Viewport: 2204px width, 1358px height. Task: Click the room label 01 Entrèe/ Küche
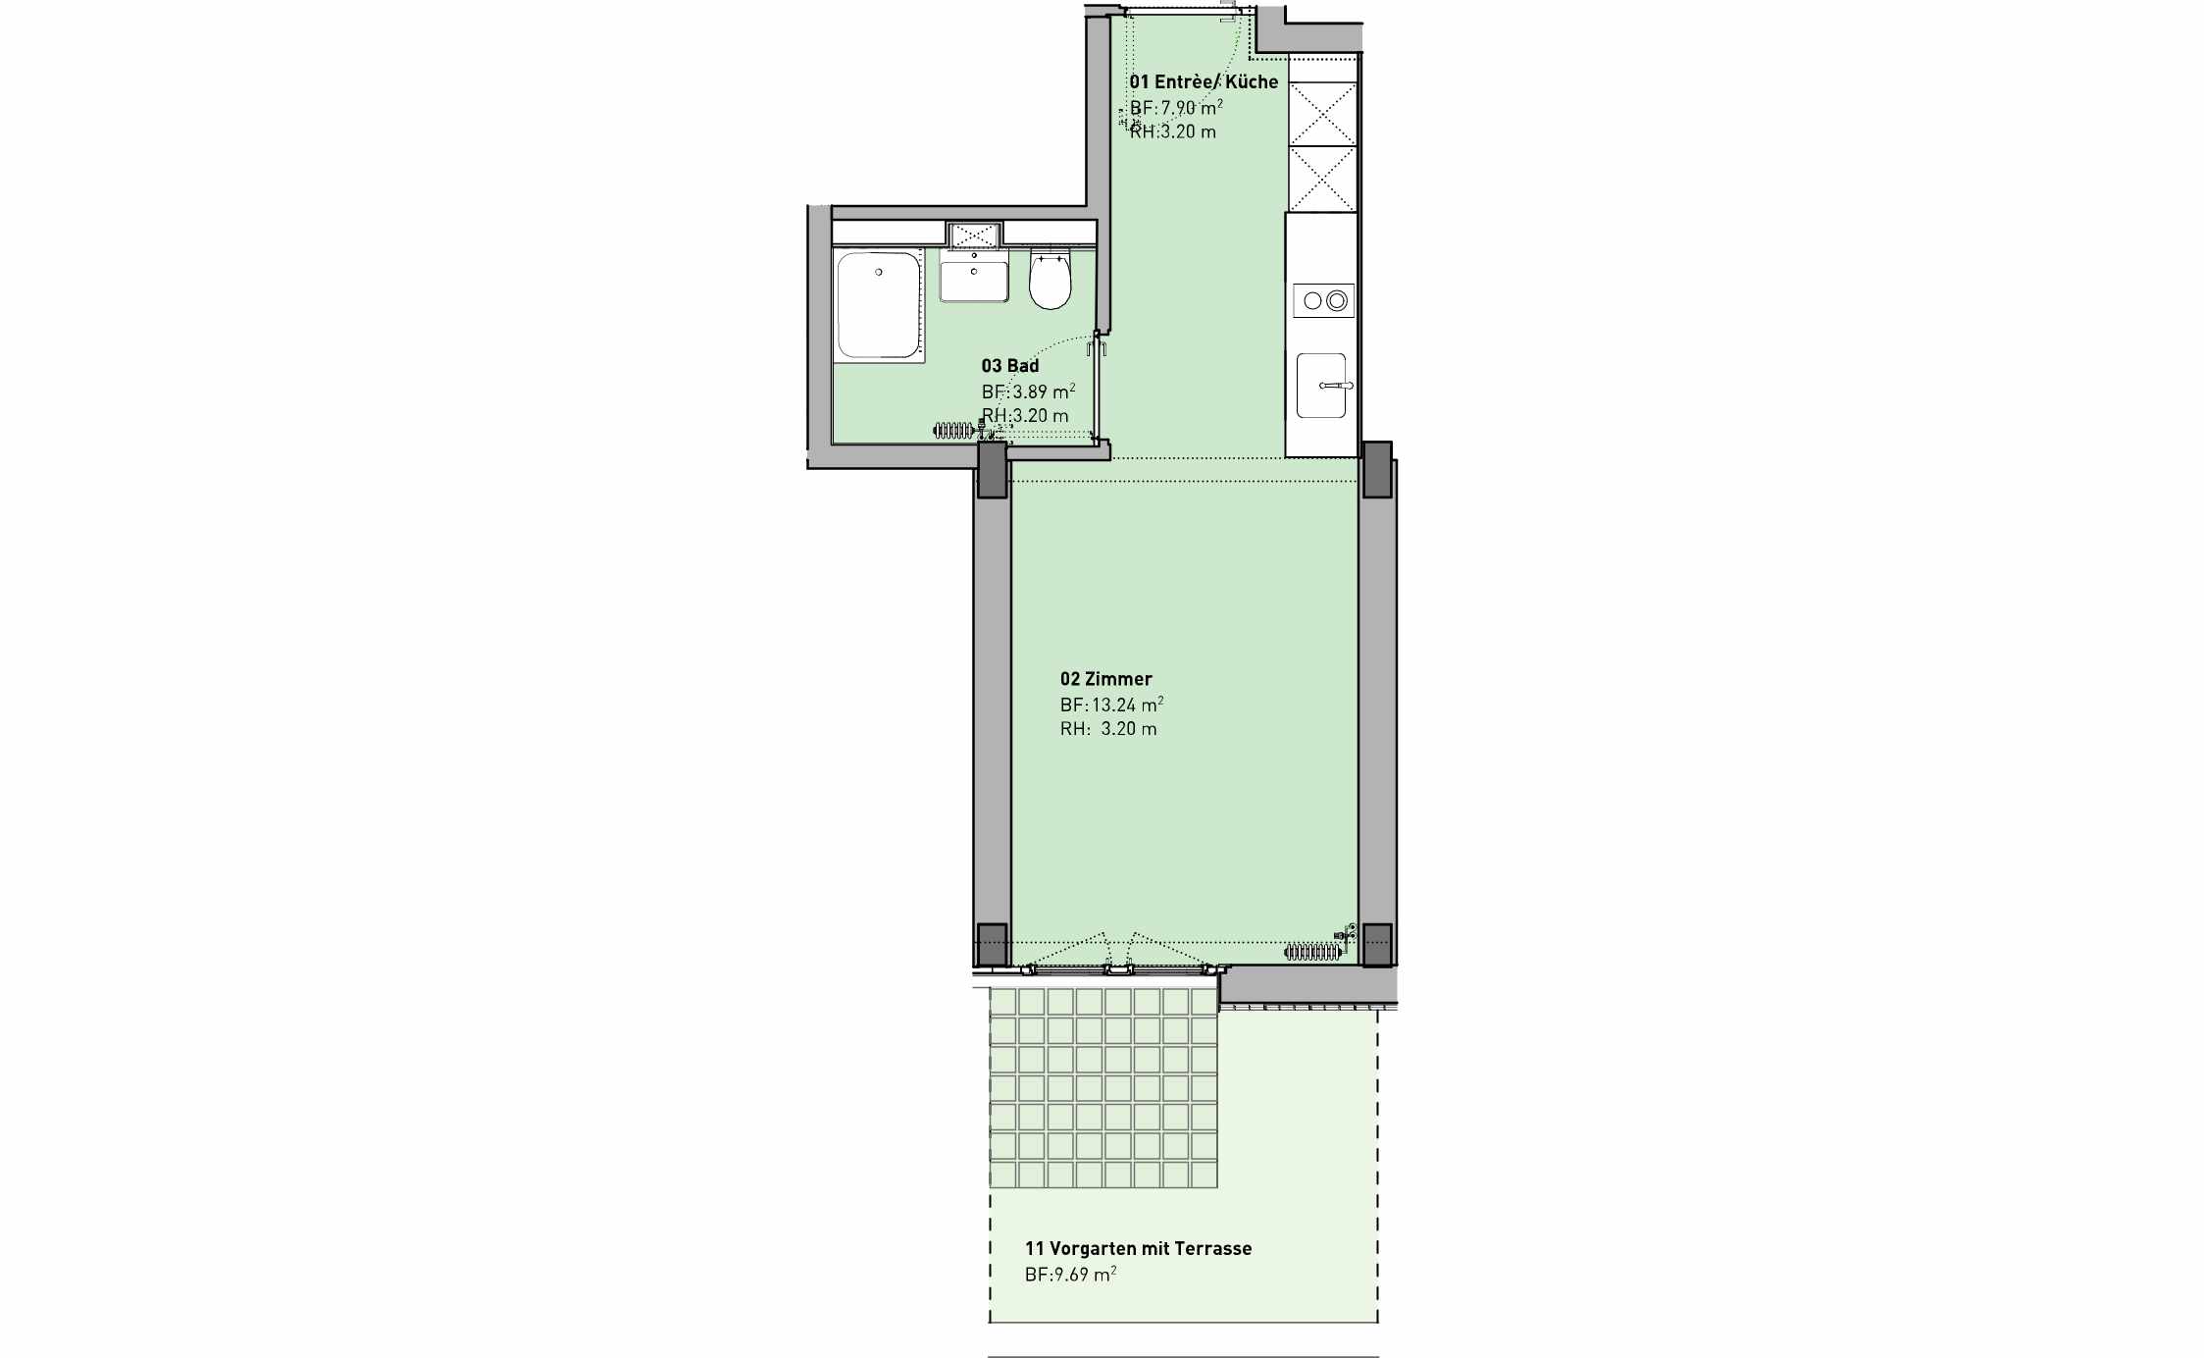pyautogui.click(x=1204, y=81)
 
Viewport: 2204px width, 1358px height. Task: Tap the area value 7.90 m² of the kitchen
pyautogui.click(x=1192, y=107)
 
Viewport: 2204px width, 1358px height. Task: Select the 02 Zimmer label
pyautogui.click(x=1105, y=679)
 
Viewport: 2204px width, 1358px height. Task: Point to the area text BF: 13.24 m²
pyautogui.click(x=1111, y=705)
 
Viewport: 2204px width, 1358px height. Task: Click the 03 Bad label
pyautogui.click(x=1010, y=366)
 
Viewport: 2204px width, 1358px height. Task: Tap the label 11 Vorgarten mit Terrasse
pyautogui.click(x=1138, y=1249)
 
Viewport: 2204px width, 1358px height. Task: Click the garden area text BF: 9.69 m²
pyautogui.click(x=1070, y=1275)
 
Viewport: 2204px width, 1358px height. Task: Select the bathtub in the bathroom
pyautogui.click(x=879, y=305)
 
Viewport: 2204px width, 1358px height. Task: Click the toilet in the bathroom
pyautogui.click(x=1050, y=280)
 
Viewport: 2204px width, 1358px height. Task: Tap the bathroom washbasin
pyautogui.click(x=974, y=274)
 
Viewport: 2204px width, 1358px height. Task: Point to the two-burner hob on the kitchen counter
pyautogui.click(x=1323, y=300)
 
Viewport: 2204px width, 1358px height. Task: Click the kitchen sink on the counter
pyautogui.click(x=1322, y=386)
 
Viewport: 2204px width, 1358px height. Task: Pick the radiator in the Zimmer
pyautogui.click(x=1312, y=952)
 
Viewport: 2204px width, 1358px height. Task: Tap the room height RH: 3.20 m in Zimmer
pyautogui.click(x=1108, y=729)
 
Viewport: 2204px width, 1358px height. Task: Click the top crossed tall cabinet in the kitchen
pyautogui.click(x=1322, y=114)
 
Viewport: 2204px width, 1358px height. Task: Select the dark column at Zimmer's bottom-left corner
pyautogui.click(x=993, y=944)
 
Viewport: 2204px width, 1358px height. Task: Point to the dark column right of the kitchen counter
pyautogui.click(x=1377, y=469)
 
